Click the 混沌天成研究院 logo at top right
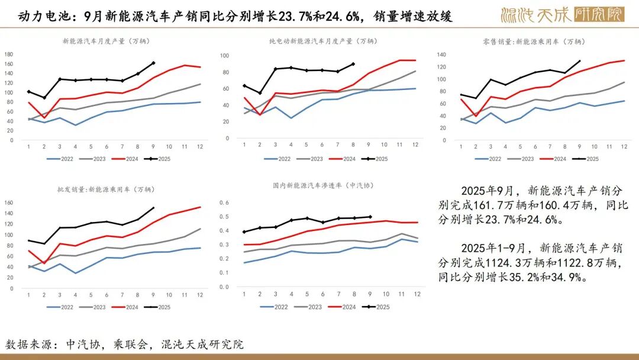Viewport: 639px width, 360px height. tap(562, 14)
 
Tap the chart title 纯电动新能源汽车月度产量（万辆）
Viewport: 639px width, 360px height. tap(322, 41)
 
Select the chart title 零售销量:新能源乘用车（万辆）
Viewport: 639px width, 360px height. tap(533, 41)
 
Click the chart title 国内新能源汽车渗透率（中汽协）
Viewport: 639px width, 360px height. tap(324, 185)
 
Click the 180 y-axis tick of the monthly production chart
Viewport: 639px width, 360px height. tap(9, 54)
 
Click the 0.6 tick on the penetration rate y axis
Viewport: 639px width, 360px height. tap(224, 202)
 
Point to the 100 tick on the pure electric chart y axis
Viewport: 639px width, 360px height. tap(224, 56)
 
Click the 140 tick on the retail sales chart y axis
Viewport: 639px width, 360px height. tap(441, 54)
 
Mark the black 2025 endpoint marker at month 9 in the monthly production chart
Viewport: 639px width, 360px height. tap(154, 63)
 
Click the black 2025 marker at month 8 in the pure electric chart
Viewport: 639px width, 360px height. tap(353, 64)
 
